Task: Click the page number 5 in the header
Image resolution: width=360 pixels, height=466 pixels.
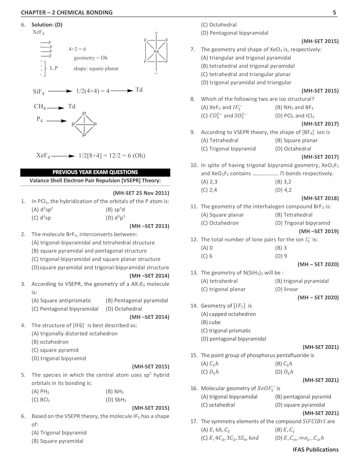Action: tap(334, 13)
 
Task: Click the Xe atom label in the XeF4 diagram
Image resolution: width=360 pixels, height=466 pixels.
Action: tap(156, 51)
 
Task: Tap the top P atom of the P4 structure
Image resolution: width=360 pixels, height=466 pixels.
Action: tap(84, 114)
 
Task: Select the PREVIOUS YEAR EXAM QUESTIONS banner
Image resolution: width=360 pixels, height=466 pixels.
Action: tap(95, 172)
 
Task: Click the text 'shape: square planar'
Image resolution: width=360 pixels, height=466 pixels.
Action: tap(96, 69)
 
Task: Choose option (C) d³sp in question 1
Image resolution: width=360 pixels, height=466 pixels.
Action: tap(41, 218)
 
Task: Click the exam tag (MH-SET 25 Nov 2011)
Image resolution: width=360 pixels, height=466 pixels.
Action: tap(141, 193)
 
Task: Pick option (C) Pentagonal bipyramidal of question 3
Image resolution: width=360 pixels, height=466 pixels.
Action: tap(65, 309)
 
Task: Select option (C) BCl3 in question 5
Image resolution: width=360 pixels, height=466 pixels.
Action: tap(41, 400)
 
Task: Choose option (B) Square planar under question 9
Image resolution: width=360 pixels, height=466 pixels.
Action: tap(296, 140)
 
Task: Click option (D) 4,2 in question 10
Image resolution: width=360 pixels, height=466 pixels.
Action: tap(283, 190)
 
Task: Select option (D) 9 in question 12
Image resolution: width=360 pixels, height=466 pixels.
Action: tap(281, 256)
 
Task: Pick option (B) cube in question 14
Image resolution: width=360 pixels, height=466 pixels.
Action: tap(211, 322)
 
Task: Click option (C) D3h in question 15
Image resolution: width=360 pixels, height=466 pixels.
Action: tap(210, 372)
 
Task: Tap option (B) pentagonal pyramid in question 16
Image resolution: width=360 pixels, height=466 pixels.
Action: tap(303, 397)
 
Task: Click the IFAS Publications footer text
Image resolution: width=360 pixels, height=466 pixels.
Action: tap(316, 450)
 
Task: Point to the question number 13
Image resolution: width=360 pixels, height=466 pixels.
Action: tap(194, 273)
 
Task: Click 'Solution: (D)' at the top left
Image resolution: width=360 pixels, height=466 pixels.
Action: tap(47, 25)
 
